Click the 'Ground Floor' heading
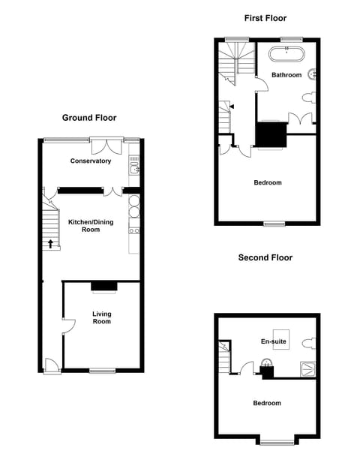point(89,118)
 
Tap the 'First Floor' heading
point(265,18)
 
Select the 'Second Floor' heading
point(265,257)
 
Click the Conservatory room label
point(91,161)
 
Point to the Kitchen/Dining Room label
point(91,226)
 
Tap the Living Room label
point(101,317)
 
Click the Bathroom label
point(286,75)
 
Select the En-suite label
point(274,341)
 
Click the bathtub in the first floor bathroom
point(286,54)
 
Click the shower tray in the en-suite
point(307,368)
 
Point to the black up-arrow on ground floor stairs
point(51,243)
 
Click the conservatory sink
point(133,170)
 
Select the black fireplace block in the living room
point(103,284)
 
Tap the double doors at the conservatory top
point(106,146)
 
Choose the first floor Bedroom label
point(267,182)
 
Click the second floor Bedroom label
point(266,403)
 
